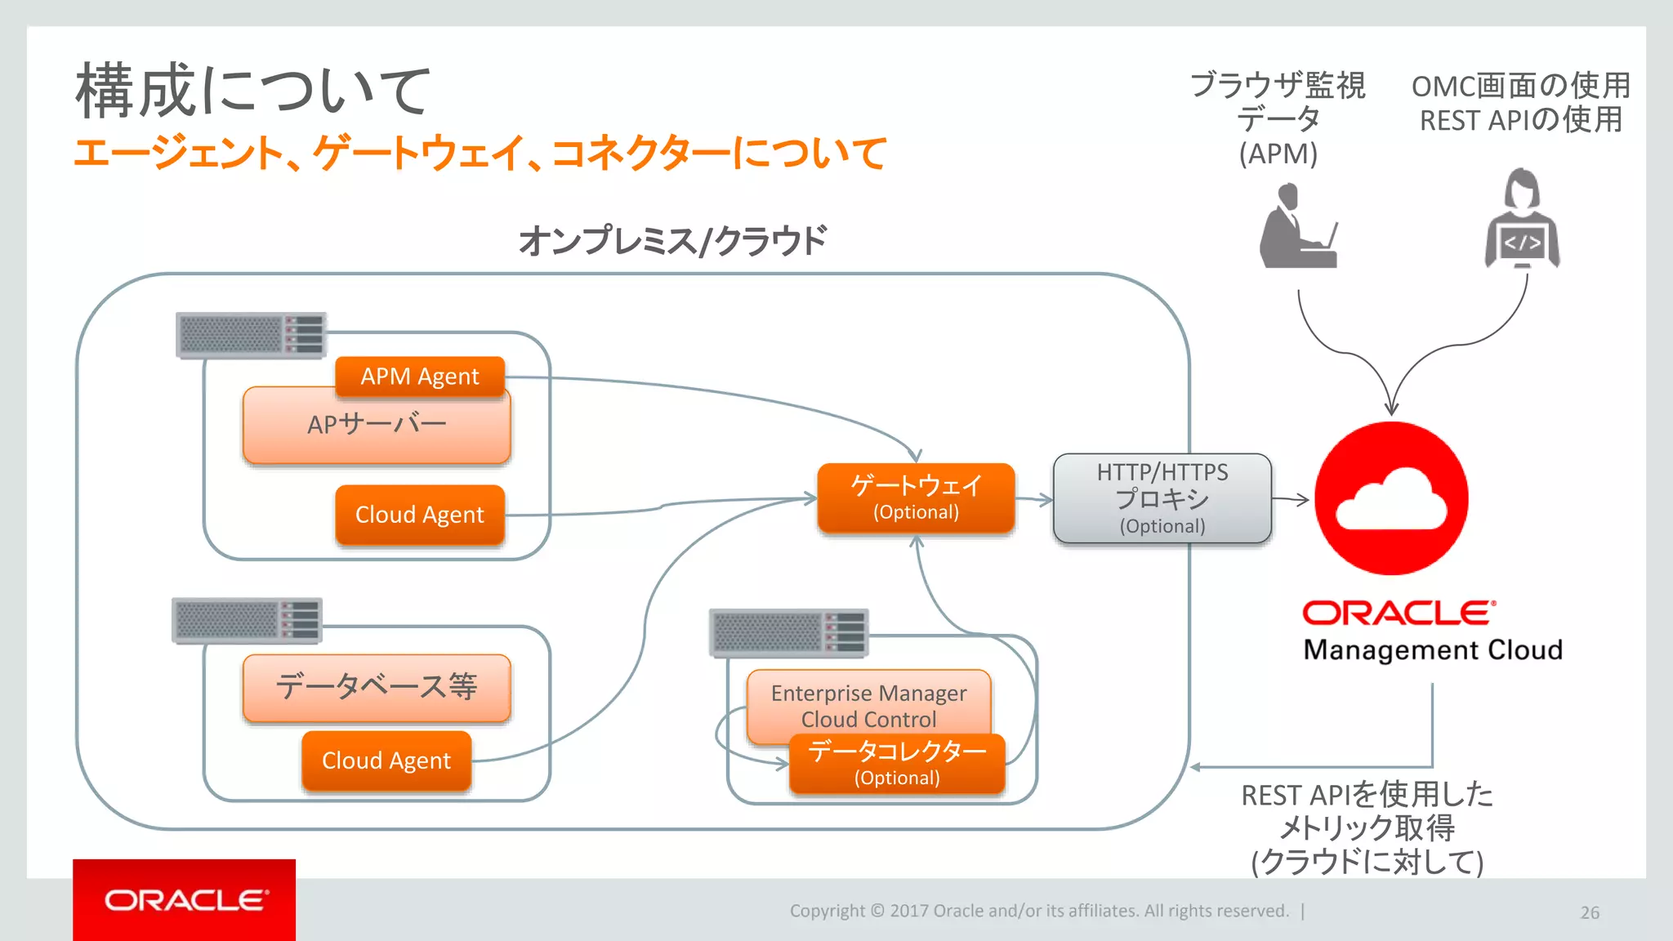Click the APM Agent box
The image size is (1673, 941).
click(420, 377)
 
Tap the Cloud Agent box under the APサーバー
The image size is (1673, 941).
click(420, 515)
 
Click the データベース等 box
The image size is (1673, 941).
click(376, 687)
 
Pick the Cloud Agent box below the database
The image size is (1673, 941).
click(386, 760)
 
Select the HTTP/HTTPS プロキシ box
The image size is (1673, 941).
click(1162, 498)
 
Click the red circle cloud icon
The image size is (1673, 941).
click(1391, 498)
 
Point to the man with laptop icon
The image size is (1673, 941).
click(1296, 226)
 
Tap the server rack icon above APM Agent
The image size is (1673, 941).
click(251, 335)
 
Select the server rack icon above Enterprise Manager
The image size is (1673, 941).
click(788, 632)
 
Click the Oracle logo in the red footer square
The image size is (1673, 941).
click(185, 900)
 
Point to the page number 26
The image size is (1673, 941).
click(1589, 912)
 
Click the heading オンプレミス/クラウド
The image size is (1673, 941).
click(672, 241)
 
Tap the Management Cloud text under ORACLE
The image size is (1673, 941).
click(1432, 650)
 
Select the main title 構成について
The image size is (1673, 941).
click(252, 90)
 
